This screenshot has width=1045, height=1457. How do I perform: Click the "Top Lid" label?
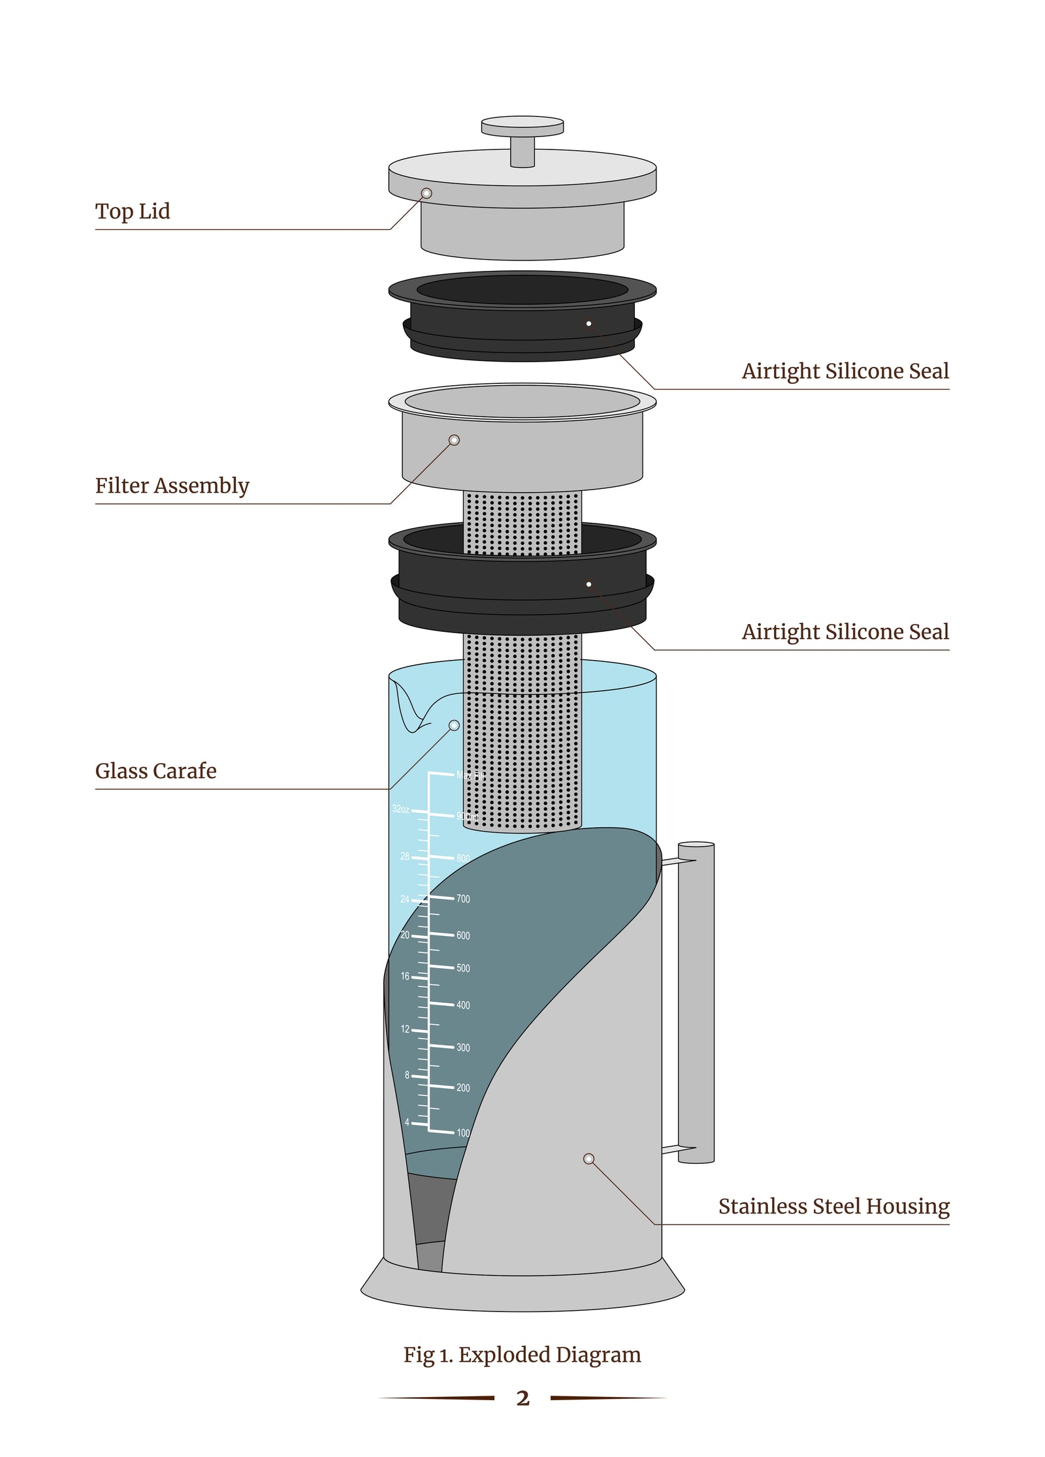click(x=133, y=211)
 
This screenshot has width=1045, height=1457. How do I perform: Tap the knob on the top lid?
click(x=522, y=127)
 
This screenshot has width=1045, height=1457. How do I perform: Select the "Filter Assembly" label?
click(x=172, y=486)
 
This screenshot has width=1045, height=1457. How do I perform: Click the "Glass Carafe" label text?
click(x=155, y=771)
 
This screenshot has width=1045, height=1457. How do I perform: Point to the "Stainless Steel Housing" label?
click(x=833, y=1206)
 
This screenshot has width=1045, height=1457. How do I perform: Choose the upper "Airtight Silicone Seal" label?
click(x=844, y=371)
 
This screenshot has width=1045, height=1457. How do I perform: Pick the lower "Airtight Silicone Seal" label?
click(x=844, y=632)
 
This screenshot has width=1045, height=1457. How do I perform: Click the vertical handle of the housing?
click(x=696, y=1002)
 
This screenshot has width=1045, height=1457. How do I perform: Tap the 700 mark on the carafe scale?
click(x=463, y=899)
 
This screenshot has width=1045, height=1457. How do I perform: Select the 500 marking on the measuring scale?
click(x=463, y=968)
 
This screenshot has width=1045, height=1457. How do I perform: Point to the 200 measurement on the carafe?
click(x=463, y=1088)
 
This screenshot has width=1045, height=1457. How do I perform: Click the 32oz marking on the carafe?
click(x=400, y=809)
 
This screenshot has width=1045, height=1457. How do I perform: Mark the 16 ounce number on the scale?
click(x=405, y=977)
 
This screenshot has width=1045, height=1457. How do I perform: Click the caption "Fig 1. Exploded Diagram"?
click(x=522, y=1355)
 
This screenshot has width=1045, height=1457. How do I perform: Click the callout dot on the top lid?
click(x=426, y=193)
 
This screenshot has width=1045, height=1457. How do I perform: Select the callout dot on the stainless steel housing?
click(x=588, y=1159)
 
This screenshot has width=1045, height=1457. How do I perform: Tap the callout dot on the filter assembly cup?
click(x=455, y=440)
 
